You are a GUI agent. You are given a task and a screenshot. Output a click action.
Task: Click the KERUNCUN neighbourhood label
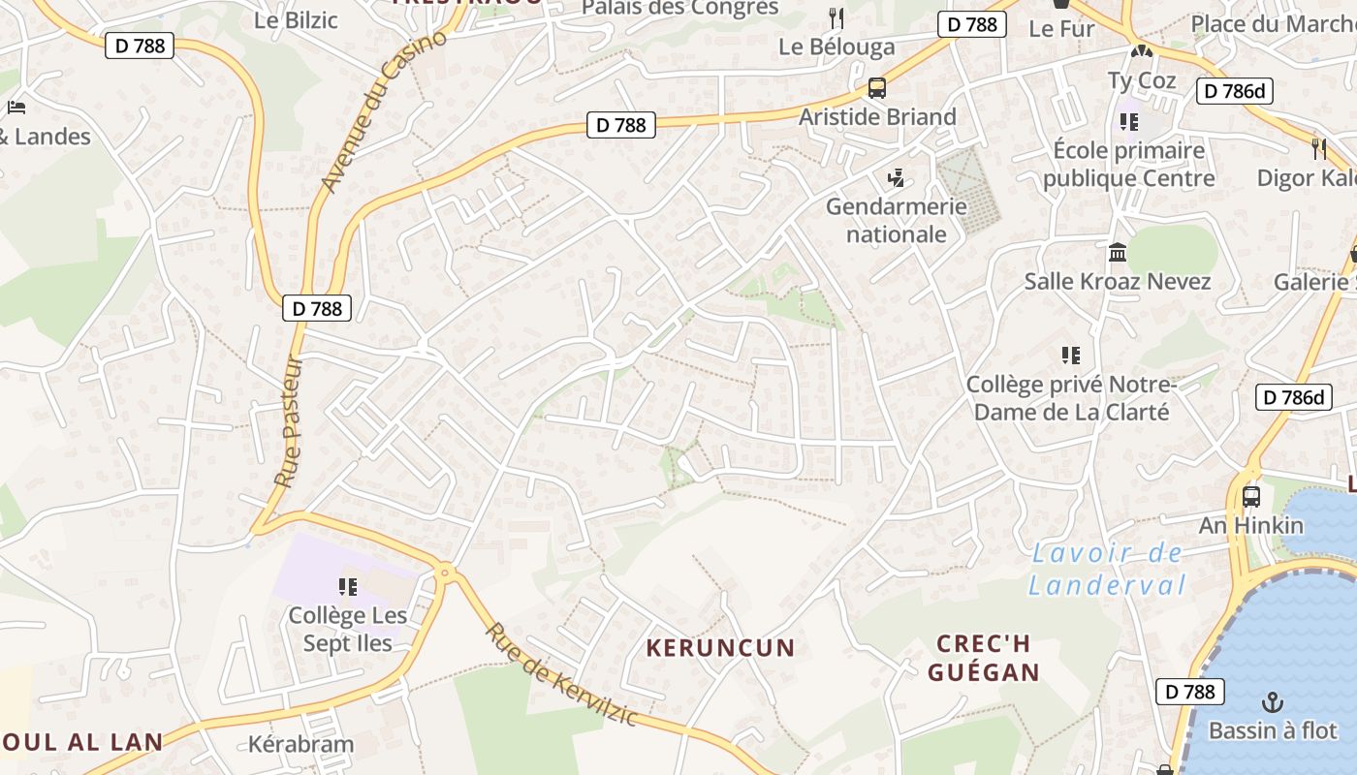click(720, 648)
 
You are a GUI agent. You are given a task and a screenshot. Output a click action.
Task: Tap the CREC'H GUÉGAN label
click(983, 658)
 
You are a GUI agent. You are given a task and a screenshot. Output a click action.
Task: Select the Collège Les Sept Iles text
click(347, 629)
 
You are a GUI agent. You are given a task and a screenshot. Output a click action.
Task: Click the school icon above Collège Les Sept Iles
click(348, 586)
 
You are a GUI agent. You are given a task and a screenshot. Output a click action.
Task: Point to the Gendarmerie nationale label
click(896, 220)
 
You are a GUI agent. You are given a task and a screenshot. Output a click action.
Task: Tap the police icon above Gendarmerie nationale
click(897, 178)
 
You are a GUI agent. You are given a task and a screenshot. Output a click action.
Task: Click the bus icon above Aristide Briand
click(876, 88)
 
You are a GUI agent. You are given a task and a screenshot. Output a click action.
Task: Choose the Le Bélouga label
click(836, 46)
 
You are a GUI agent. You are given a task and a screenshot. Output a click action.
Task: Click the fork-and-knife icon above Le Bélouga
click(836, 18)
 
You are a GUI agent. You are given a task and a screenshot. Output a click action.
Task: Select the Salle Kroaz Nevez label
click(1118, 282)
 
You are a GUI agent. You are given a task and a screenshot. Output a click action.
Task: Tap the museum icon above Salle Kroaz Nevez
click(1118, 253)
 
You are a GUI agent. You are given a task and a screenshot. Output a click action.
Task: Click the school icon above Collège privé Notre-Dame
click(1070, 356)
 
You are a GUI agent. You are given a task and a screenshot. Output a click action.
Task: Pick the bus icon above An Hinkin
click(1250, 497)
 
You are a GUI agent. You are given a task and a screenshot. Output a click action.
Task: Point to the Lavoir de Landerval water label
click(1107, 570)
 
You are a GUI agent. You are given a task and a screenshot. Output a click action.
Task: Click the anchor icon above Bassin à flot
click(1272, 701)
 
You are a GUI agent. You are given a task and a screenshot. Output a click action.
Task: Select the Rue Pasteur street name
click(289, 422)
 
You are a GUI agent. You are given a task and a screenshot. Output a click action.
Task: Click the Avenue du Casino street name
click(385, 111)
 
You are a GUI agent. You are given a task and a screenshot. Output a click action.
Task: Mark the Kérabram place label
click(300, 745)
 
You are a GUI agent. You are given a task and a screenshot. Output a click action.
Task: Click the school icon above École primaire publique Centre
click(1128, 122)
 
